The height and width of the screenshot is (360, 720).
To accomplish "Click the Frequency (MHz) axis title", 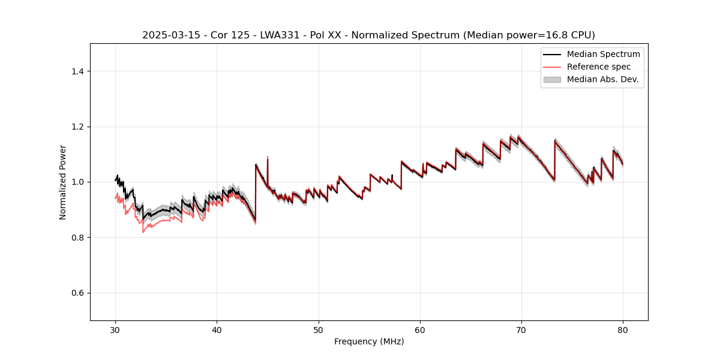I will (369, 341).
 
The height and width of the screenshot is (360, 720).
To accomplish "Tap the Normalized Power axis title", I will (62, 182).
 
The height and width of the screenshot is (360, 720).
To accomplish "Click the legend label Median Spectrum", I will (603, 54).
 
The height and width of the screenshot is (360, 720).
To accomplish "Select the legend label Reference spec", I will (599, 67).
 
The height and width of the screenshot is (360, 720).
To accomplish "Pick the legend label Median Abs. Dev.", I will (602, 79).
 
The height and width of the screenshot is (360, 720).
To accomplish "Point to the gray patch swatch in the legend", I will (552, 79).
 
